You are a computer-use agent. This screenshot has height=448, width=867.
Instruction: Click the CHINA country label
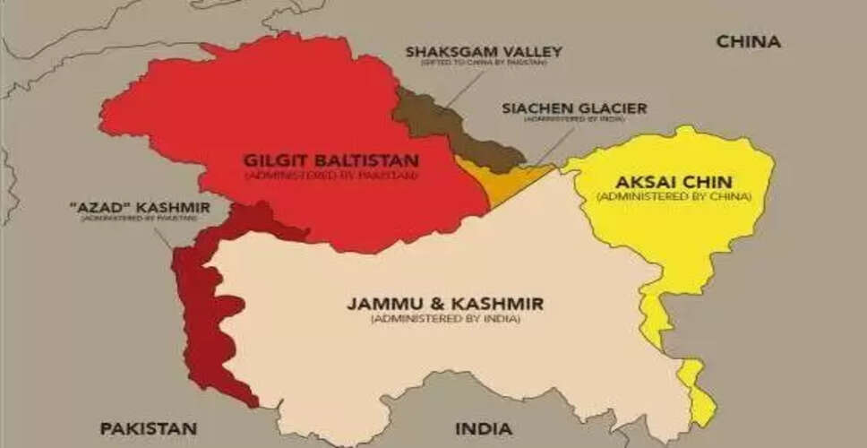(748, 41)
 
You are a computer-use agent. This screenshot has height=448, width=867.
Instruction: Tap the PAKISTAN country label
(148, 428)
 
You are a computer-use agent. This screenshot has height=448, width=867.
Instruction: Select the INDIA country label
(484, 428)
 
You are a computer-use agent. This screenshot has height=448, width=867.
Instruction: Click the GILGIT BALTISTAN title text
(330, 160)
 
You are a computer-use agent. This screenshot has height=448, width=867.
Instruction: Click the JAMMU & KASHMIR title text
(444, 304)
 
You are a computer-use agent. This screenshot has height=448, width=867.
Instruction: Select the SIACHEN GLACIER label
(573, 108)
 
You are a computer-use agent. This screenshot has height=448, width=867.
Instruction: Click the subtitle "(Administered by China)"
(673, 196)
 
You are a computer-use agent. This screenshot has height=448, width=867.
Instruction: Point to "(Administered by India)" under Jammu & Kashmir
(444, 318)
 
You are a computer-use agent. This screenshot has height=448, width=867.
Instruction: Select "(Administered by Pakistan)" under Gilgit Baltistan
(330, 175)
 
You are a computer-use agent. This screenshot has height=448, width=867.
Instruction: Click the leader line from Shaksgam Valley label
(462, 86)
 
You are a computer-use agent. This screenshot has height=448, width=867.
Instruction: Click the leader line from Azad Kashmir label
(162, 237)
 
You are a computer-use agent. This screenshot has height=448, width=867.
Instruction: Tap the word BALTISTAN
(370, 160)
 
